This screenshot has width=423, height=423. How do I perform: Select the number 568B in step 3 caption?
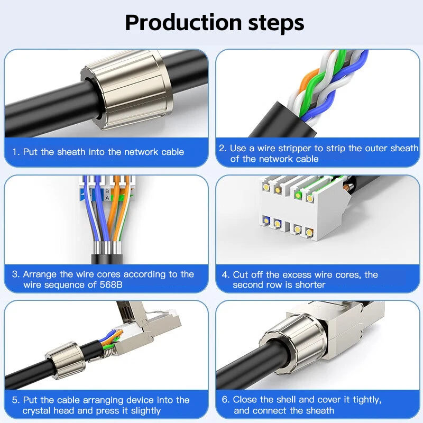click(x=109, y=285)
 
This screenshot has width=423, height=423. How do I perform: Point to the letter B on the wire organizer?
click(x=108, y=190)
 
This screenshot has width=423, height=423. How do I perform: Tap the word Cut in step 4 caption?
click(x=241, y=274)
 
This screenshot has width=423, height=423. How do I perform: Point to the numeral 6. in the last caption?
click(x=225, y=400)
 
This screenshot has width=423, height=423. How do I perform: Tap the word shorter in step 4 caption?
click(x=309, y=285)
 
